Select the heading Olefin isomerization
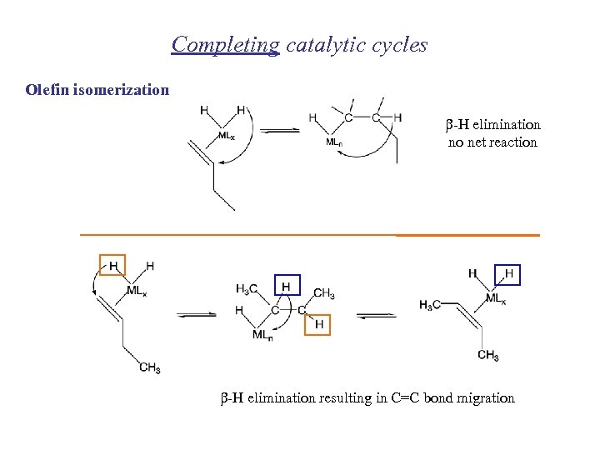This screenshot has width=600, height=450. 97,89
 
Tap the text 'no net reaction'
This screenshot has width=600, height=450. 492,142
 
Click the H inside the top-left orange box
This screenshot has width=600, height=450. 112,265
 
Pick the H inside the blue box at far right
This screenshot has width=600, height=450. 507,274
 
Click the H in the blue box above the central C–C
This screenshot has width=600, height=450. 287,286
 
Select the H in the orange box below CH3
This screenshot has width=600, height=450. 317,322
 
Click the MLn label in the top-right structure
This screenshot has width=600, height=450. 334,142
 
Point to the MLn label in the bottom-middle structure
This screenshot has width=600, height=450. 262,335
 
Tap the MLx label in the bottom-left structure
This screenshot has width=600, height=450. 137,292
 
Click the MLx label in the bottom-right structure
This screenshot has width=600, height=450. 496,299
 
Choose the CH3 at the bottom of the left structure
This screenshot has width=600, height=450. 150,367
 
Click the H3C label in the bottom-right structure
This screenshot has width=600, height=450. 431,304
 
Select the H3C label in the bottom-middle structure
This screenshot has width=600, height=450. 247,289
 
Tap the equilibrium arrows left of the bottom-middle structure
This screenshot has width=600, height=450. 196,314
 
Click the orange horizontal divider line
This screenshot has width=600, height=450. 309,235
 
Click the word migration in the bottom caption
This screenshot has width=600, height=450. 482,398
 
